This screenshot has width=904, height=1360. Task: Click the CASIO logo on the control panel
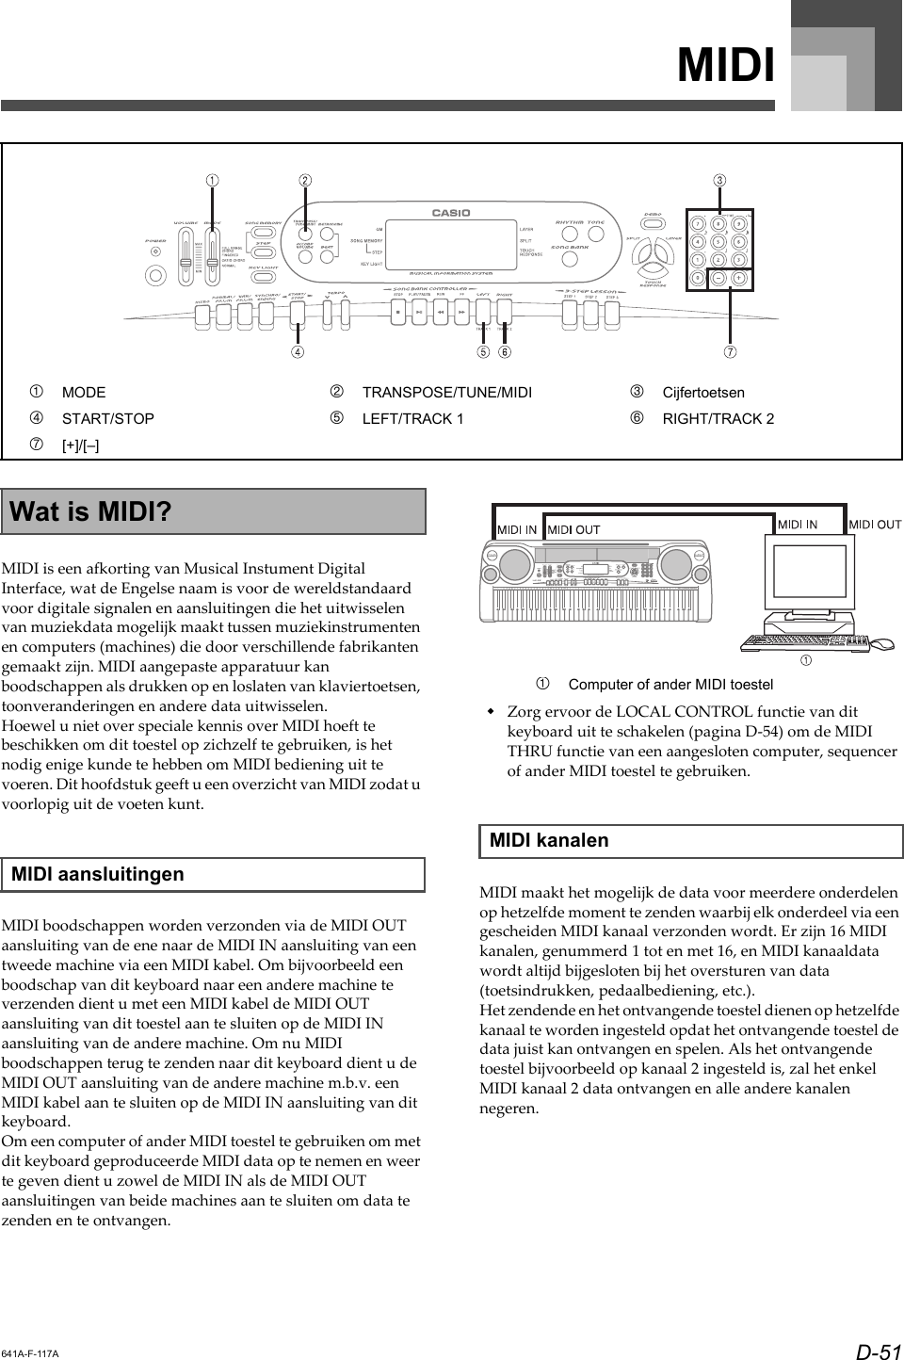451,213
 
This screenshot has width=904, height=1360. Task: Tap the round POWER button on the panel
154,276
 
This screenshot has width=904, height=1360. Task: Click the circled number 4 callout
298,353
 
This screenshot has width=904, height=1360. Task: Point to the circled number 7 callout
729,353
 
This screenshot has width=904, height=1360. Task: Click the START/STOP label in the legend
107,418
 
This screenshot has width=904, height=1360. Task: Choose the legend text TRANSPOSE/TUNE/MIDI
446,392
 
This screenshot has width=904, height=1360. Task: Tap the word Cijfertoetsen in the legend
702,392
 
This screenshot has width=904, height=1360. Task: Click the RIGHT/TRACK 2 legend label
718,418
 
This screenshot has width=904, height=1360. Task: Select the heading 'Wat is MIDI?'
90,512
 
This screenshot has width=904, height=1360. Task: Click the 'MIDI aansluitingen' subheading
98,874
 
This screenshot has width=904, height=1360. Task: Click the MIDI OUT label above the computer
875,525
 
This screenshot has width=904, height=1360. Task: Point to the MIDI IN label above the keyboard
517,529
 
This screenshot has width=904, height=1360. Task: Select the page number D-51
878,1352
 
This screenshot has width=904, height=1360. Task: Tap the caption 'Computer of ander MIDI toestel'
670,684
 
